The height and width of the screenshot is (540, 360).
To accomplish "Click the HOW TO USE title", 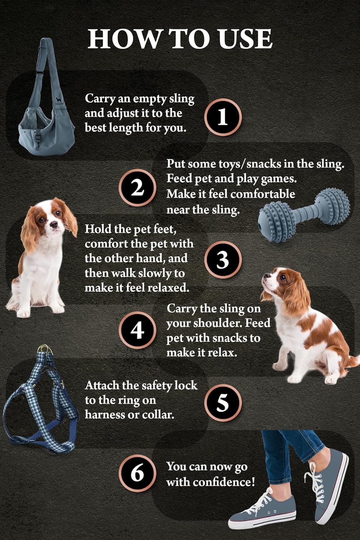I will tap(180, 39).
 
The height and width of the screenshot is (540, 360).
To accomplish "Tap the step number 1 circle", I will tap(223, 117).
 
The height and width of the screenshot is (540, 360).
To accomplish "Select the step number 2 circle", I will tap(137, 188).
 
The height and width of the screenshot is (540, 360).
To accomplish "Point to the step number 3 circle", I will tap(223, 260).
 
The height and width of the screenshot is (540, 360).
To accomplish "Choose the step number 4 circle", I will tap(137, 330).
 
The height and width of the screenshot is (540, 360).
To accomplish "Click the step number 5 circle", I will tap(223, 402).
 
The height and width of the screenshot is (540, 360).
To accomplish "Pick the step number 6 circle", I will tap(137, 473).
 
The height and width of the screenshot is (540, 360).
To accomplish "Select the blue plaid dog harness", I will tap(40, 403).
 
